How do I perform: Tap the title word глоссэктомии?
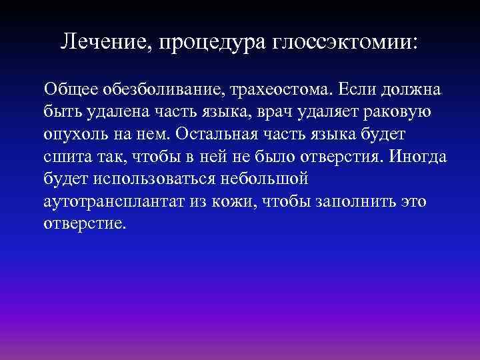tap(347, 43)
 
